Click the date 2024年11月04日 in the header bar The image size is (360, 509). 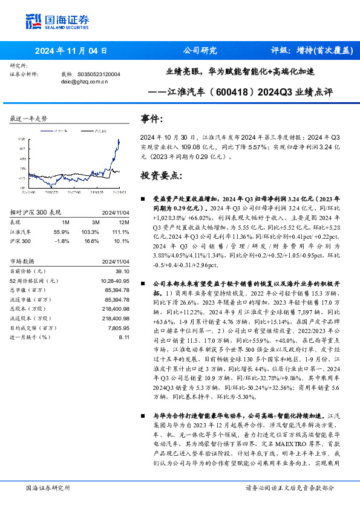point(71,51)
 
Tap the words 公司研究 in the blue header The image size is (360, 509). point(200,51)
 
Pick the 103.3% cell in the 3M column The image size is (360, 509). point(90,232)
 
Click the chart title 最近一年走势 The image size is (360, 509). point(28,118)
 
